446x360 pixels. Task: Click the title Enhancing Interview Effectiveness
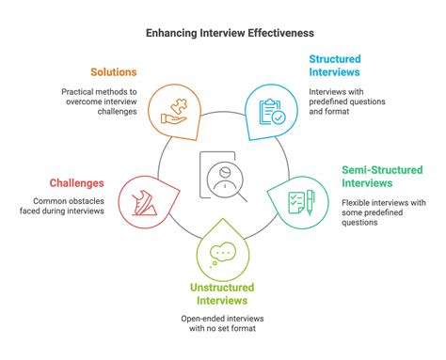pos(222,32)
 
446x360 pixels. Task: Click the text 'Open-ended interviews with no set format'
pos(222,324)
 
